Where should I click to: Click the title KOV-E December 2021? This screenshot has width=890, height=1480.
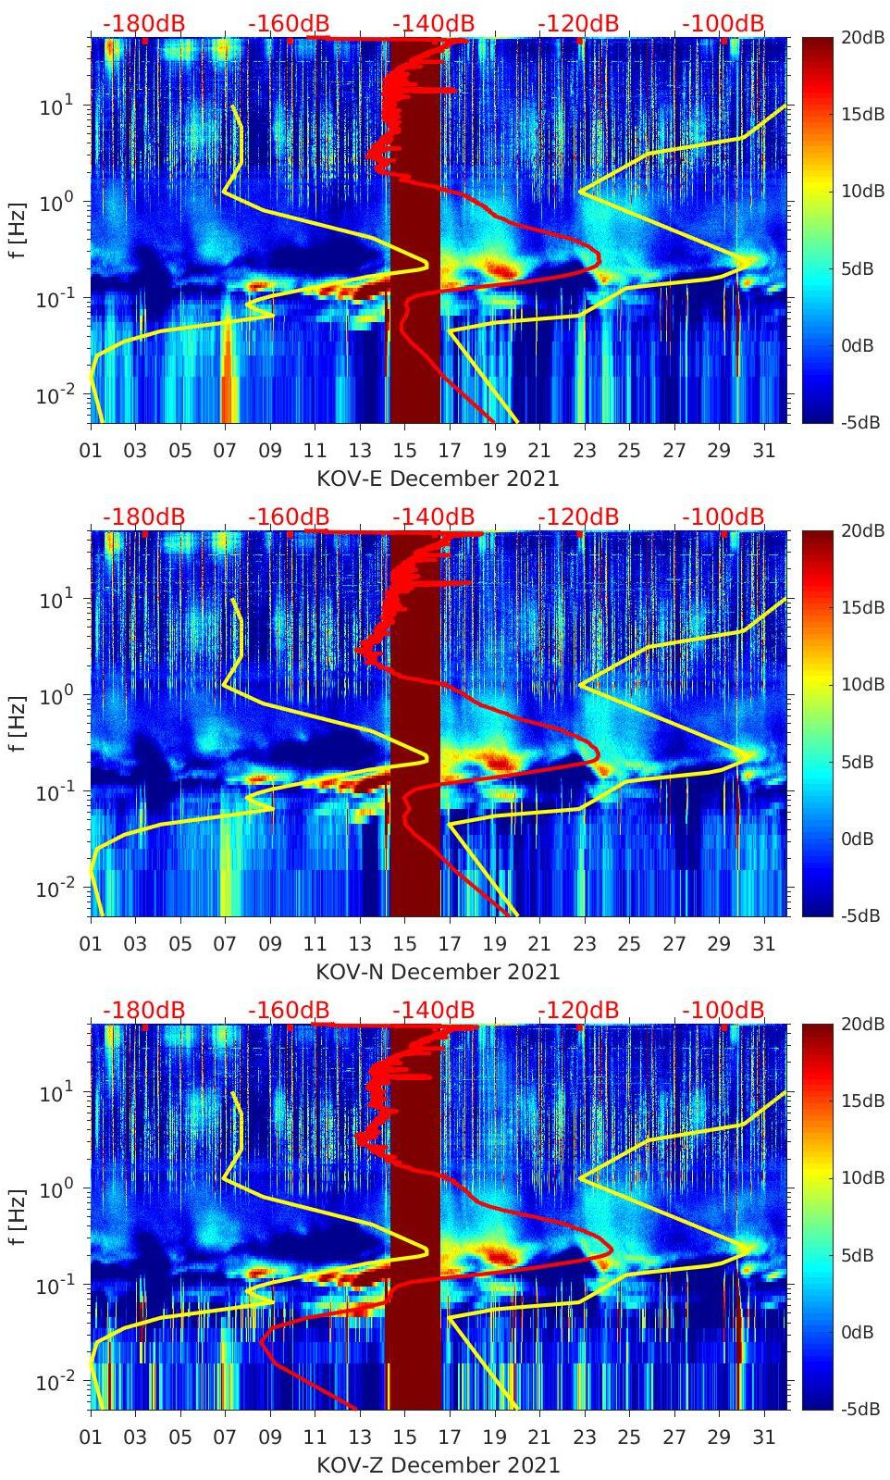tap(438, 479)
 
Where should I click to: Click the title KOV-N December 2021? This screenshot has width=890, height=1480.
tap(438, 972)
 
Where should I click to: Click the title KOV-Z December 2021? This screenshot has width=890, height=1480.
tap(438, 1465)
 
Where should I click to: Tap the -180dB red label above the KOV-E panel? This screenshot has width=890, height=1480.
tap(143, 23)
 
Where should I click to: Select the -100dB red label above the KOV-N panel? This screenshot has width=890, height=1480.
tap(723, 516)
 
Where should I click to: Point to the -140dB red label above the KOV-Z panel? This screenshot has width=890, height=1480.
tap(433, 1010)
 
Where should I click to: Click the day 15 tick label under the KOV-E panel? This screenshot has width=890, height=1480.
tap(405, 451)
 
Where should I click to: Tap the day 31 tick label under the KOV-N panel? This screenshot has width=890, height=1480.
tap(763, 944)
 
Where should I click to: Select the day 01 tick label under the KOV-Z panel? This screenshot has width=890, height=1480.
tap(91, 1437)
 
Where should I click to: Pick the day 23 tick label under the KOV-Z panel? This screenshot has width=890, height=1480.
tap(584, 1437)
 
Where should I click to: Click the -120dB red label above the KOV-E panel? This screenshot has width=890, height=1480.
tap(578, 23)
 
